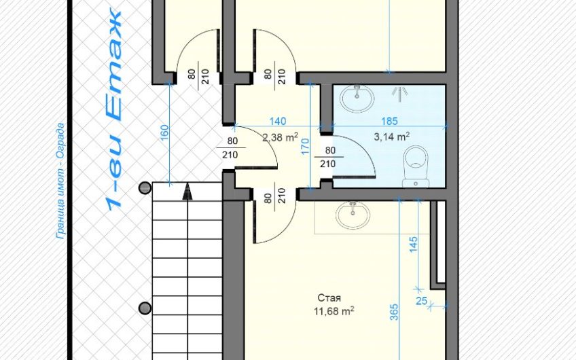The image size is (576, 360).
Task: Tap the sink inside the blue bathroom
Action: click(357, 98)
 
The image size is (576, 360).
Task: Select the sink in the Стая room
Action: click(353, 215)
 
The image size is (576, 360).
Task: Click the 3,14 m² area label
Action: click(392, 137)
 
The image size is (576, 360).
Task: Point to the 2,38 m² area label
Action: click(280, 137)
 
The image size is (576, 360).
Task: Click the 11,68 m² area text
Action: click(334, 312)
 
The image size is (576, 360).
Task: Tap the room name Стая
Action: click(329, 298)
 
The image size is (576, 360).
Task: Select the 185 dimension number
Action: click(389, 121)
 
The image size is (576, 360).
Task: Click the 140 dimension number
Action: click(277, 121)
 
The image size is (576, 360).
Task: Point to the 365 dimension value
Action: click(394, 312)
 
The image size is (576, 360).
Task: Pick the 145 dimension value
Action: click(413, 245)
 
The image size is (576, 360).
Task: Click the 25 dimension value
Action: click(421, 301)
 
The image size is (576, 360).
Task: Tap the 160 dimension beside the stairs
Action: click(164, 132)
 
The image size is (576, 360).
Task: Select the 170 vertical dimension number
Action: click(305, 146)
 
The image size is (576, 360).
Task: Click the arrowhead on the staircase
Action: click(187, 192)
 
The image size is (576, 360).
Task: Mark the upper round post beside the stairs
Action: click(145, 187)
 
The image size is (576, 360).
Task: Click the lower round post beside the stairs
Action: click(145, 308)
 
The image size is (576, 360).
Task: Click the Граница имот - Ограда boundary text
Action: click(60, 181)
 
